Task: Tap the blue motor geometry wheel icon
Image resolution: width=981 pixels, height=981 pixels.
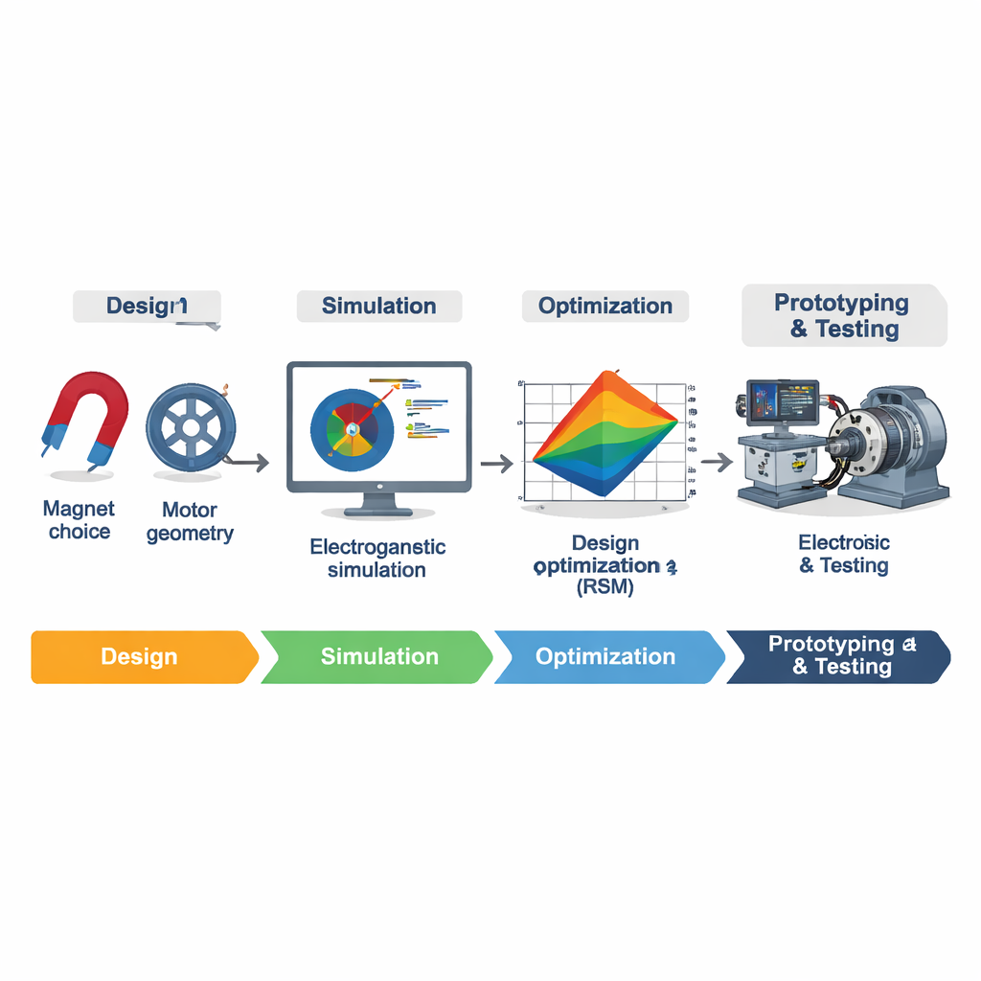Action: click(x=189, y=426)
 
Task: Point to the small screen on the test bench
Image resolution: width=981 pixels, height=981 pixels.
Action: click(x=783, y=403)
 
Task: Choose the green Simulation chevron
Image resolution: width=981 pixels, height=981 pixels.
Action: click(x=377, y=656)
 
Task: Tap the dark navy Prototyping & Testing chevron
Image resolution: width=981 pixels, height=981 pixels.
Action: click(x=839, y=656)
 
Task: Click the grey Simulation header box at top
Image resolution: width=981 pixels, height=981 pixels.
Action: click(x=379, y=307)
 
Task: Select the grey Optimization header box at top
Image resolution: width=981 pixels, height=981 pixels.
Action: click(x=605, y=307)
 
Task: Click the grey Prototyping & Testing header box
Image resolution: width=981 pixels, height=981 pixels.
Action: click(x=843, y=315)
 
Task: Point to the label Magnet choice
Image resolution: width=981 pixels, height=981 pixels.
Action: click(x=80, y=520)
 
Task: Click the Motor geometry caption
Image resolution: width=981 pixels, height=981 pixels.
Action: click(x=190, y=521)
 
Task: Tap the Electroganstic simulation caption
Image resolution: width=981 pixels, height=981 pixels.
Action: click(x=377, y=559)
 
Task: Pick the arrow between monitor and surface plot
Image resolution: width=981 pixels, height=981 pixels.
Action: click(x=496, y=464)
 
